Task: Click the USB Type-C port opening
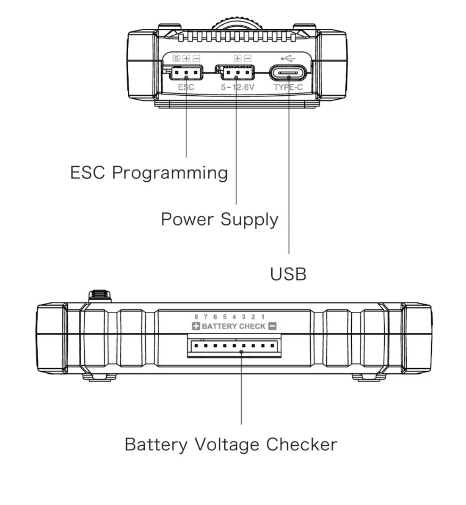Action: click(288, 74)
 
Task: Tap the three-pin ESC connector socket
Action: click(186, 73)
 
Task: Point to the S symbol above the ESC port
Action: click(176, 59)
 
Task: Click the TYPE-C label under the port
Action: click(288, 87)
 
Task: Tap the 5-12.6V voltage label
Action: click(237, 87)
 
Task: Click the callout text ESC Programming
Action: click(149, 173)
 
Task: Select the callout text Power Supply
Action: click(219, 220)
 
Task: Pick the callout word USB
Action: click(288, 274)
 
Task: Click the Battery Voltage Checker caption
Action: click(231, 444)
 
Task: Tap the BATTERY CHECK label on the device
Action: click(233, 326)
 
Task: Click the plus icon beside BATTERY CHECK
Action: click(196, 326)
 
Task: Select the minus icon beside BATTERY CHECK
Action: click(272, 326)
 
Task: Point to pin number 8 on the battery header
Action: click(196, 317)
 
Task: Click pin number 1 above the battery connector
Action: click(263, 317)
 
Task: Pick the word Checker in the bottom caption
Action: click(302, 444)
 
